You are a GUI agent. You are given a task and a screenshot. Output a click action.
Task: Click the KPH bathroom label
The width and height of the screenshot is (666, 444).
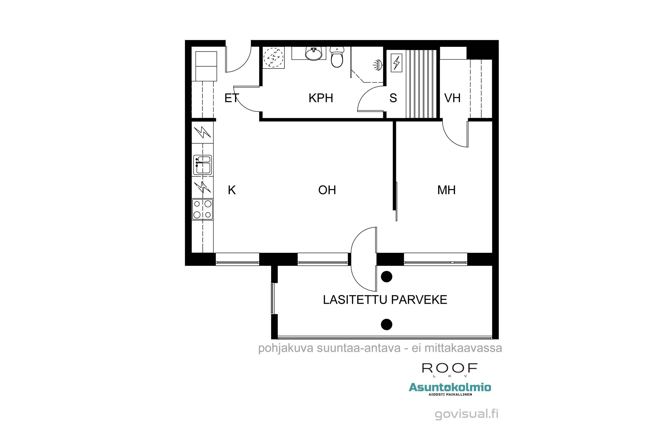[321, 98]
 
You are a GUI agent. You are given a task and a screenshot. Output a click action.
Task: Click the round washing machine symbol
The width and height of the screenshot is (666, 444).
[273, 57]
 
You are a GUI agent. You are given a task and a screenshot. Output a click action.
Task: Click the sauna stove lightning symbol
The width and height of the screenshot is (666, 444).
[396, 63]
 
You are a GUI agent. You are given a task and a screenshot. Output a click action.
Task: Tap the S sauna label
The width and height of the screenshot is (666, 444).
[393, 98]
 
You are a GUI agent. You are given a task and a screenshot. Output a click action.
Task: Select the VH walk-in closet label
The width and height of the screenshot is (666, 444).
[452, 98]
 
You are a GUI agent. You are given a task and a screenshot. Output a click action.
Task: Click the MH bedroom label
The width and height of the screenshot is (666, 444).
[446, 190]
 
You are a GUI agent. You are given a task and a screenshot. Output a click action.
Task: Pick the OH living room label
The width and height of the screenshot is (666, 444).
[327, 190]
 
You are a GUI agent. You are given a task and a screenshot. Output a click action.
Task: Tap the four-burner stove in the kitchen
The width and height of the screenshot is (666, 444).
[202, 209]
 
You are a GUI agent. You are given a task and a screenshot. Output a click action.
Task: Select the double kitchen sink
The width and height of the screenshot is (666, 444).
[202, 165]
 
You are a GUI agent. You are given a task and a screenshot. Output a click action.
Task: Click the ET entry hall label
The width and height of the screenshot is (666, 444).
[231, 98]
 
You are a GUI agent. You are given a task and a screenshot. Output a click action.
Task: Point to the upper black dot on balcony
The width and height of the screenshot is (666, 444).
[387, 277]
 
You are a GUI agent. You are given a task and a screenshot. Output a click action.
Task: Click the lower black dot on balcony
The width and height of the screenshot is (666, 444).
[387, 325]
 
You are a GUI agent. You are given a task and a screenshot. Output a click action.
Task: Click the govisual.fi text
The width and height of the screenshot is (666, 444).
[466, 414]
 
